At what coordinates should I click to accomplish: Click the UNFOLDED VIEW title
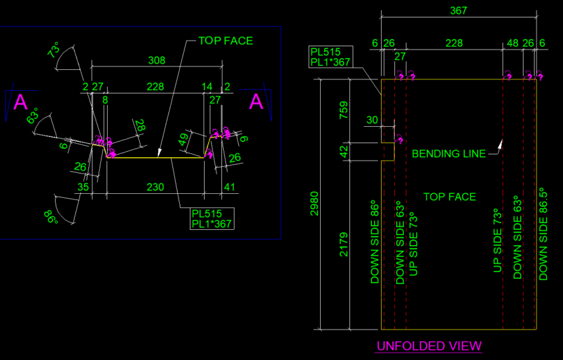coord(429,346)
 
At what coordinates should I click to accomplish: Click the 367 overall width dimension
coord(459,11)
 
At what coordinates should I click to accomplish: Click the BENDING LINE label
coord(448,154)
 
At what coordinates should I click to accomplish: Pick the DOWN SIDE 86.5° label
coord(543,234)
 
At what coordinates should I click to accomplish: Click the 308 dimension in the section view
coord(157,61)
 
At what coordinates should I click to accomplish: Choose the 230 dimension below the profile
coord(156,187)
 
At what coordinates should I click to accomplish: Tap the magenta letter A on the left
coord(21,102)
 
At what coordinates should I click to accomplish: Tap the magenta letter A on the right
coord(256,102)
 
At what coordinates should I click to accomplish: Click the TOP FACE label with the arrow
coord(225,41)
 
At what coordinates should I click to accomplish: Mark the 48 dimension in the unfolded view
coord(513,43)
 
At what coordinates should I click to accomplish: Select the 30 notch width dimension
coord(372,120)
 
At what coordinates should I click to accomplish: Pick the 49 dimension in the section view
coord(183,140)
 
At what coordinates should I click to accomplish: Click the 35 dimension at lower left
coord(83,187)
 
